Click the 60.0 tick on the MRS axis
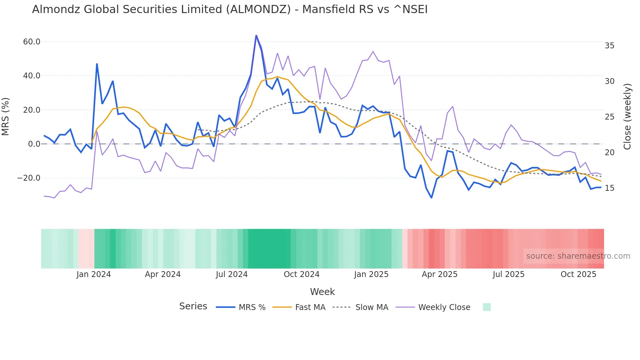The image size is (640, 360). pos(32,42)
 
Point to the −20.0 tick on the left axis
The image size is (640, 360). pos(29,178)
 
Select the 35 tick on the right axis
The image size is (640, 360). pos(609,46)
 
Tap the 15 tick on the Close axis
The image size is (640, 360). pos(609,188)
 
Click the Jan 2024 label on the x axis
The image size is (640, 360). pos(94,274)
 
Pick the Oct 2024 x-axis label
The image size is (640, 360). pos(301,274)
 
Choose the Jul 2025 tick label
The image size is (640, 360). pos(508,274)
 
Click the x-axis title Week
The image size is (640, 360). pos(322,292)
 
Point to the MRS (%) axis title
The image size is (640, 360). pos(6,116)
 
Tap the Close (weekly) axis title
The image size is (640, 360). pos(627,117)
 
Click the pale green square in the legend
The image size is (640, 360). pos(487,307)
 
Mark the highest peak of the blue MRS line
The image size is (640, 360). pos(256,35)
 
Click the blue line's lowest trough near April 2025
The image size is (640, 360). pos(431,198)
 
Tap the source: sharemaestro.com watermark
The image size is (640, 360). pos(578,256)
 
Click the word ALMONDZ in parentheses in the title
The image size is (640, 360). pos(258,9)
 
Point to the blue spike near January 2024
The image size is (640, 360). pos(97,64)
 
